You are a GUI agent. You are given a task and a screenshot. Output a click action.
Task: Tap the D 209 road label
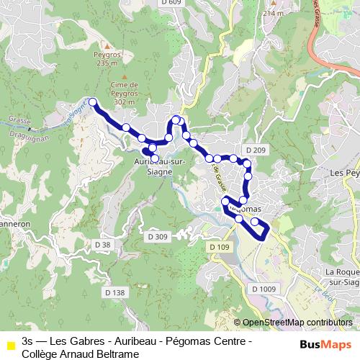tap(256, 150)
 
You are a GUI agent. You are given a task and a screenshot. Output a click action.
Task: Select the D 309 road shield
tap(157, 236)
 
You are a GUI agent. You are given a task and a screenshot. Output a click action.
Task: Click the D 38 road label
tap(104, 245)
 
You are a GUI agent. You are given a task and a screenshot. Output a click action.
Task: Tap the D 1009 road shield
tap(264, 288)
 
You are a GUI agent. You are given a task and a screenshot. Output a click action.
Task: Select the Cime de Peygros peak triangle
tap(125, 76)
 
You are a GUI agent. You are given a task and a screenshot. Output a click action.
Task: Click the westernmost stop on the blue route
tap(92, 102)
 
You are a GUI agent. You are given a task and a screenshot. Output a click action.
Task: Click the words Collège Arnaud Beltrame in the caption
tap(79, 354)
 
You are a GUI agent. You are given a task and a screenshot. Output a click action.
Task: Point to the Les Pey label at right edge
tap(343, 174)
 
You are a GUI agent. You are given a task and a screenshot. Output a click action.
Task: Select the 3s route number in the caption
tap(27, 341)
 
